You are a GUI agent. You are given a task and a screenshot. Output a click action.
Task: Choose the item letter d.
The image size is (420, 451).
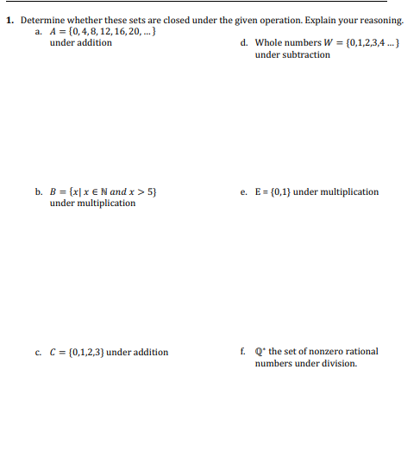[245, 43]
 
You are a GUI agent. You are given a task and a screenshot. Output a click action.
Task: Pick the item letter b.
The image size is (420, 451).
[39, 191]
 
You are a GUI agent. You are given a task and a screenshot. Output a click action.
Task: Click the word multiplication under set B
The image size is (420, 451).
[103, 204]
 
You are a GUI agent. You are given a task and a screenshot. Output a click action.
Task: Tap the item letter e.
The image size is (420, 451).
[245, 191]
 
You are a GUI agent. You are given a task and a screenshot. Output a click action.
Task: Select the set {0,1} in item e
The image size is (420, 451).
[279, 191]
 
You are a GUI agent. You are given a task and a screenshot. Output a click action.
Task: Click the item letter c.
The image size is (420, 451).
[39, 352]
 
